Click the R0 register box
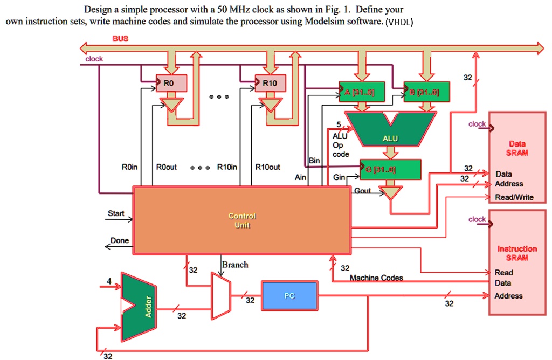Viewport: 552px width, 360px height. coord(170,83)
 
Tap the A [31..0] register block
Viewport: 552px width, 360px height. coord(361,92)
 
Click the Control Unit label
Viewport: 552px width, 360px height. coord(242,220)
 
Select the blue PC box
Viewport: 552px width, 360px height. coord(289,296)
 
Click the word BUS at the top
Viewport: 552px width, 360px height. coord(121,39)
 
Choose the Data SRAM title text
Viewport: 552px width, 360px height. coord(517,148)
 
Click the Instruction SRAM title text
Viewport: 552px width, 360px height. coord(516,253)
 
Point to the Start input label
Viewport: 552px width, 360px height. coord(116,213)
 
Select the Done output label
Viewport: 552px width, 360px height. coord(119,240)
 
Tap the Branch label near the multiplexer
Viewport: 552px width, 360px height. coord(236,265)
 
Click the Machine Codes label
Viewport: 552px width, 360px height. coord(376,278)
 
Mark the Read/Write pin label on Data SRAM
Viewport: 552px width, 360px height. coord(514,197)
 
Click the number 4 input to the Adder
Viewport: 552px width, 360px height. coord(109,281)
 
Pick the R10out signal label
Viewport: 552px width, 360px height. coord(267,167)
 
